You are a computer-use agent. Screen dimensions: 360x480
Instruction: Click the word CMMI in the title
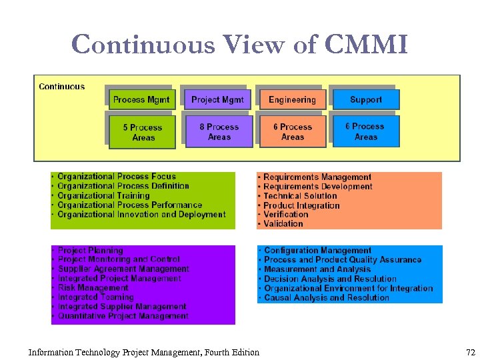pos(366,45)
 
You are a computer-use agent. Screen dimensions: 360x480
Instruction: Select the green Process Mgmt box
pos(141,100)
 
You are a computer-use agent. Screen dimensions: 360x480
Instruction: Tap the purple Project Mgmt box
pos(217,100)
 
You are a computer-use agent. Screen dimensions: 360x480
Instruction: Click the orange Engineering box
pos(292,100)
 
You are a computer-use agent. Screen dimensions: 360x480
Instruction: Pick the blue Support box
pos(366,100)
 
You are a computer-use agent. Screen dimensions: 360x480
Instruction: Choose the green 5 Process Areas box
pos(143,132)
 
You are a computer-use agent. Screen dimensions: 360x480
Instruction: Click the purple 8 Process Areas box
pos(219,131)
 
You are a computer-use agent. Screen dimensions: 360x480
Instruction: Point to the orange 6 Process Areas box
pos(292,131)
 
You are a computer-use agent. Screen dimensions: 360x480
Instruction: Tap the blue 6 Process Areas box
pos(365,131)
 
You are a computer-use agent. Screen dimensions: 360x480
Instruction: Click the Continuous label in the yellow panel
pos(62,87)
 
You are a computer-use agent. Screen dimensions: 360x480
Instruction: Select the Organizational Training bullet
pos(103,196)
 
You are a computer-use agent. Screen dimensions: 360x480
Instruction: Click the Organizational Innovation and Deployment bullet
pos(141,215)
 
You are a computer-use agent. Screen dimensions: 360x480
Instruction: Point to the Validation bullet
pos(283,224)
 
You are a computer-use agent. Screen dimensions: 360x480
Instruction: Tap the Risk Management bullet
pos(93,288)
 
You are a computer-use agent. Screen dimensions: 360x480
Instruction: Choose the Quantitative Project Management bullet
pos(123,316)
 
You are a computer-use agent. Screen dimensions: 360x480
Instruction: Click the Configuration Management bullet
pos(317,251)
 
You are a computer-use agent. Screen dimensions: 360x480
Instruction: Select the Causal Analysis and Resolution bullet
pos(326,298)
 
